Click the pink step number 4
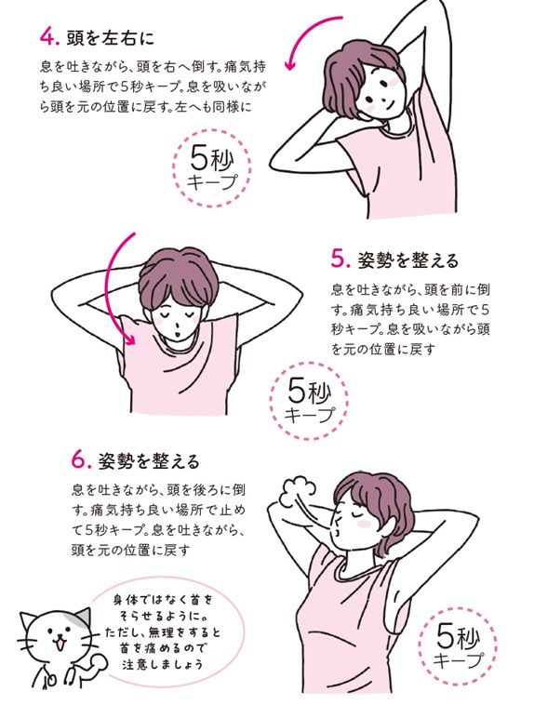pos(47,40)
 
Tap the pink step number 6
pos(80,460)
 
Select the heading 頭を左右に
pos(109,40)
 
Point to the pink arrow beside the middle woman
pos(118,288)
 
